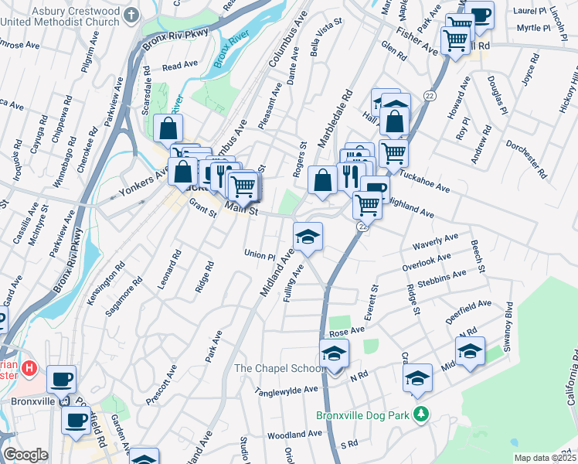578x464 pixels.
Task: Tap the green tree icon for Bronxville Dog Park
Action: click(420, 415)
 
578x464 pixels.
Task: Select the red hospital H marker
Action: click(30, 367)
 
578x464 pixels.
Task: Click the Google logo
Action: click(25, 455)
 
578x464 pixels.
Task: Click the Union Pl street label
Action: click(259, 254)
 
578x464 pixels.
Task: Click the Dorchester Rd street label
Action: click(529, 155)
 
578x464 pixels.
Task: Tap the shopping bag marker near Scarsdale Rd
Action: click(168, 128)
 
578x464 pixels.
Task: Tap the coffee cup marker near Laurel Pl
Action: click(479, 14)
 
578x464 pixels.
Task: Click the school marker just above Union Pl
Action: click(307, 236)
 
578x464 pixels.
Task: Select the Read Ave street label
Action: click(181, 67)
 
